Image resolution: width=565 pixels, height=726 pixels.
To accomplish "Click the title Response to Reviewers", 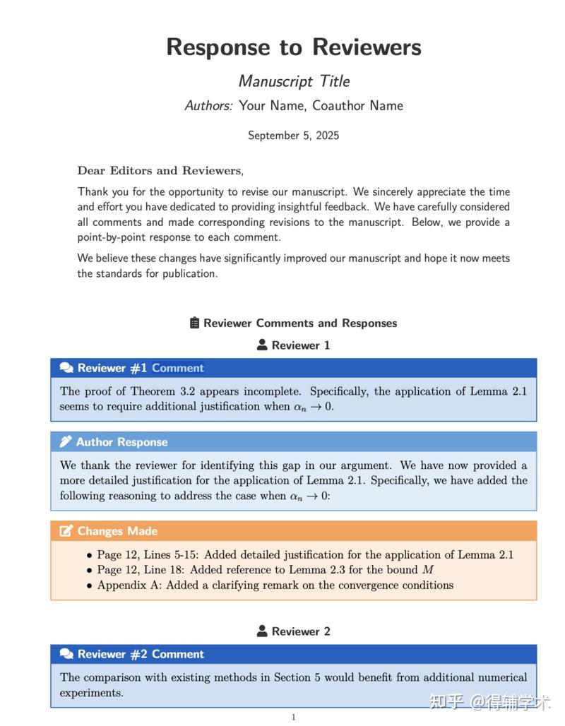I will (x=294, y=47).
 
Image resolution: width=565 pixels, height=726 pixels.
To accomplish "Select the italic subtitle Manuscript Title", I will (x=294, y=81).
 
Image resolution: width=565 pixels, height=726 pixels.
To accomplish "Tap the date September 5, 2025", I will (x=293, y=136).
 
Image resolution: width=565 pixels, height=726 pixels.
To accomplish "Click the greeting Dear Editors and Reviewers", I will (x=160, y=170).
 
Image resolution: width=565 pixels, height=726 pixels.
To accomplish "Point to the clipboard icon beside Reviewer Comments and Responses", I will (x=195, y=323).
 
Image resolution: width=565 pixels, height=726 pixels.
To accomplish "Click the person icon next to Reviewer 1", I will (x=262, y=345).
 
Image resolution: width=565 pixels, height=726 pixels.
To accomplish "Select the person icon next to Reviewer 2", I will (x=262, y=631).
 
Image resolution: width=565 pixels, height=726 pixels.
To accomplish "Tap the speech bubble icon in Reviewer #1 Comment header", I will (x=66, y=368).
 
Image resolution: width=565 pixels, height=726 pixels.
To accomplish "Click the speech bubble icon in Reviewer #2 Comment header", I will (x=66, y=654).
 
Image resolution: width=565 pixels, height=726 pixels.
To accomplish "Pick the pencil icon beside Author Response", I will (x=66, y=442).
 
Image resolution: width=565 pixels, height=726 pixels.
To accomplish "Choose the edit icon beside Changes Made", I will (x=66, y=531).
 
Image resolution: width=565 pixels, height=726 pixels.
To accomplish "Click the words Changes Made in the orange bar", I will (x=117, y=531).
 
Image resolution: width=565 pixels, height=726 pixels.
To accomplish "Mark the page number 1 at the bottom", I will (x=294, y=717).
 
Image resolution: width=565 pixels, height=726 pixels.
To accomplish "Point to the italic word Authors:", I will (x=208, y=106).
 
